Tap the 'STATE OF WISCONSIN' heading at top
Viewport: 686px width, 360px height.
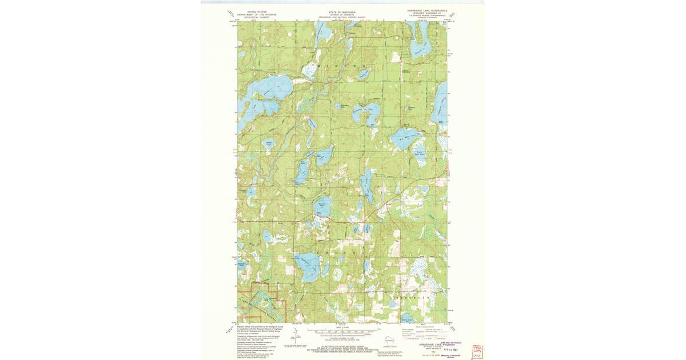pyautogui.click(x=341, y=12)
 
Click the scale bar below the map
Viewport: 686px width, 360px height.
pyautogui.click(x=342, y=330)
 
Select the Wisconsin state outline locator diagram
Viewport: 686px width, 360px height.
pyautogui.click(x=390, y=341)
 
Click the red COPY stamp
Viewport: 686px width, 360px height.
pyautogui.click(x=477, y=351)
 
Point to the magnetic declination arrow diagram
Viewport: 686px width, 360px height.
pyautogui.click(x=290, y=347)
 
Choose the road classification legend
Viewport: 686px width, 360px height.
pyautogui.click(x=424, y=334)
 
